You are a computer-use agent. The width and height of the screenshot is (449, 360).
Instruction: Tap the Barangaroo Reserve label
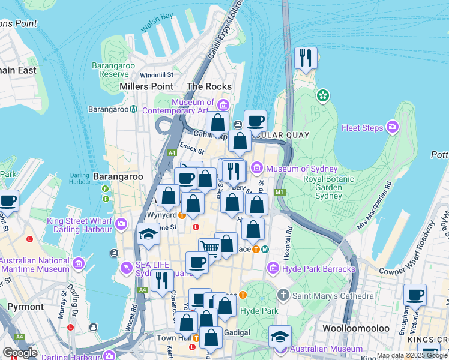[110, 70]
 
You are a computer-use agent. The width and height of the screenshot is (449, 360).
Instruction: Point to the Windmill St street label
[156, 75]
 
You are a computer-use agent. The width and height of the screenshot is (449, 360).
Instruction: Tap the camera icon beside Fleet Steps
[393, 127]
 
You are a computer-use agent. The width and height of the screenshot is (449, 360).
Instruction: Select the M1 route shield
[279, 192]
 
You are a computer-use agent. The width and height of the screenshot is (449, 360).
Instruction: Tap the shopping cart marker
[209, 247]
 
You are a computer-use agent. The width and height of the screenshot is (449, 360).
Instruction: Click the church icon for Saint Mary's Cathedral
[283, 295]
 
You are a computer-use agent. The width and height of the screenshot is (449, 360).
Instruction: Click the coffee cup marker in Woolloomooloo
[415, 296]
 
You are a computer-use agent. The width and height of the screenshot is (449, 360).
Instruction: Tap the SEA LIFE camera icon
[126, 266]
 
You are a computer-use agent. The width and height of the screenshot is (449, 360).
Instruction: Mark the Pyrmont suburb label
[25, 307]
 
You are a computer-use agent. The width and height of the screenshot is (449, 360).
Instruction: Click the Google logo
[20, 353]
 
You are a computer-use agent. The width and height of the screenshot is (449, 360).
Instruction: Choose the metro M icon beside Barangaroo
[134, 109]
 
